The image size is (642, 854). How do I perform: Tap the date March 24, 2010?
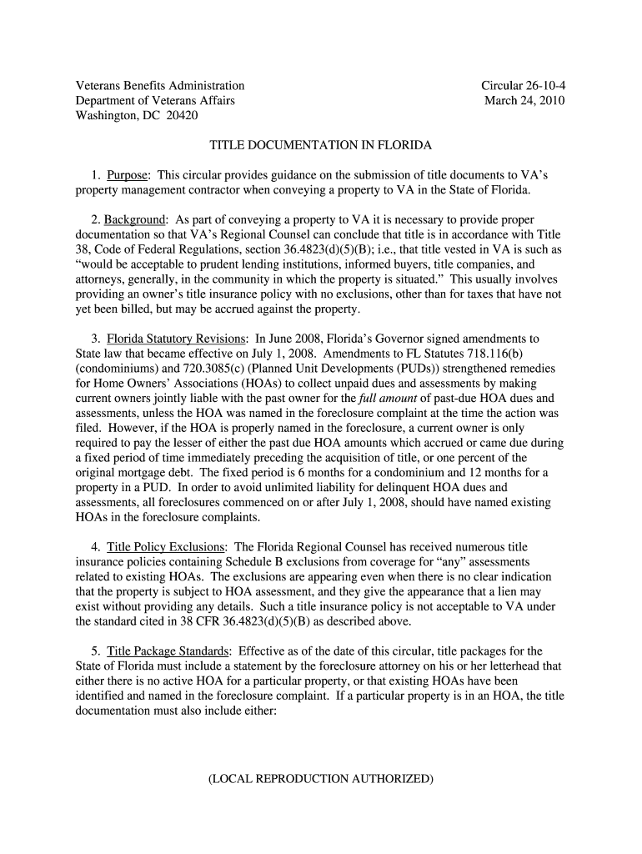pyautogui.click(x=524, y=101)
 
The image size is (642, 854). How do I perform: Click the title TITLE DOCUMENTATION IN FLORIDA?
pyautogui.click(x=320, y=145)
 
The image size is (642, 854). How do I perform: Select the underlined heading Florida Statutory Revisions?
pyautogui.click(x=177, y=339)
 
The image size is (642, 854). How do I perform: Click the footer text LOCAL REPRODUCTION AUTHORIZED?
pyautogui.click(x=321, y=779)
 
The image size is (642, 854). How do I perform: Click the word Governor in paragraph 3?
pyautogui.click(x=391, y=339)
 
